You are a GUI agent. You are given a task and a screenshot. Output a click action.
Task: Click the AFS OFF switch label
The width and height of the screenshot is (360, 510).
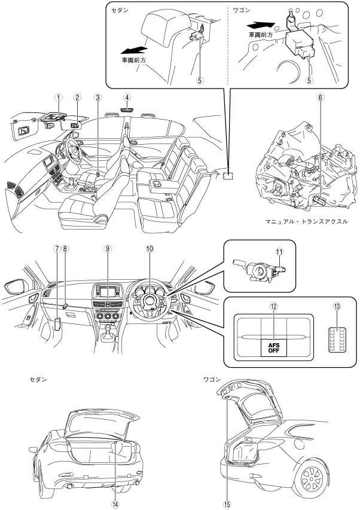(x=274, y=348)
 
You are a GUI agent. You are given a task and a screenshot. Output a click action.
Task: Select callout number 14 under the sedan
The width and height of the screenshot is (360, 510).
(x=115, y=504)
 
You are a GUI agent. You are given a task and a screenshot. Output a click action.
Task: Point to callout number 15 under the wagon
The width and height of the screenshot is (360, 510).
(x=227, y=504)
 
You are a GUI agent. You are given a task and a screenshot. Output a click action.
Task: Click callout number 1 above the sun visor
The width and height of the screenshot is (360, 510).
(x=58, y=97)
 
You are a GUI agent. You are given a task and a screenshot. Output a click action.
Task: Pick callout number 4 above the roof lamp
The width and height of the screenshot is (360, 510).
(x=127, y=97)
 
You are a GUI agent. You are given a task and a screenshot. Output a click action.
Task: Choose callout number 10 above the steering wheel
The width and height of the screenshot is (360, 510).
(x=150, y=249)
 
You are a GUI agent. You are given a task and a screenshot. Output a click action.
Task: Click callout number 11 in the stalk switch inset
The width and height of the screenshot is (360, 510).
(x=279, y=252)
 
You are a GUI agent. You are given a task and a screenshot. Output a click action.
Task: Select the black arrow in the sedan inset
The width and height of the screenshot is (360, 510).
(x=134, y=50)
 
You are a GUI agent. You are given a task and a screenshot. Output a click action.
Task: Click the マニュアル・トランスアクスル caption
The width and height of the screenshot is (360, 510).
(x=306, y=222)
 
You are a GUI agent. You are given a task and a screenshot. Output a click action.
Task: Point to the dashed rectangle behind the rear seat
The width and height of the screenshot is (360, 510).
(x=228, y=175)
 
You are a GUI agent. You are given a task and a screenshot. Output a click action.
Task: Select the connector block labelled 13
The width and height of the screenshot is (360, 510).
(x=337, y=340)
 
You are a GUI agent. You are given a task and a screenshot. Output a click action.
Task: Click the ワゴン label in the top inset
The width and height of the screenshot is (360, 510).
(x=242, y=10)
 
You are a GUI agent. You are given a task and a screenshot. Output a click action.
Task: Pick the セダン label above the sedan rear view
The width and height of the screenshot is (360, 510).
(x=38, y=380)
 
